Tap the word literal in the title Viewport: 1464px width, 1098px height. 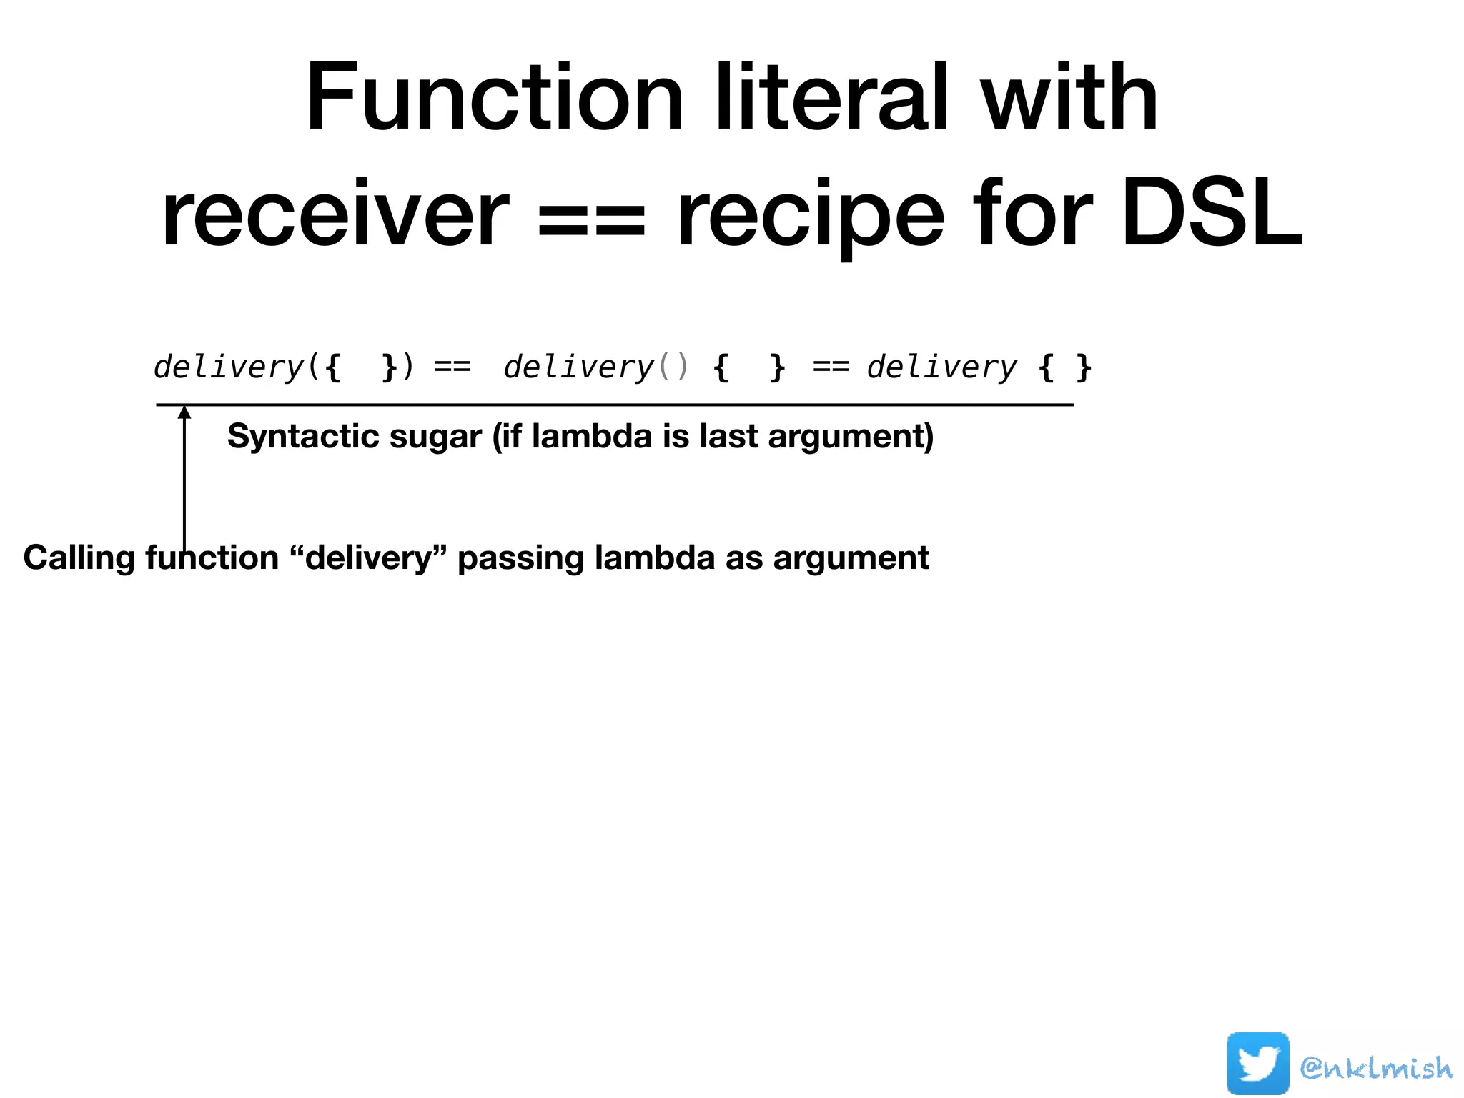tap(832, 98)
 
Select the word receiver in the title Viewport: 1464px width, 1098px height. tap(335, 214)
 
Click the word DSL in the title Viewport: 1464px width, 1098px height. tap(1212, 214)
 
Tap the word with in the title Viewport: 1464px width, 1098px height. tap(1069, 98)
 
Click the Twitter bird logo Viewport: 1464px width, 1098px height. tap(1257, 1063)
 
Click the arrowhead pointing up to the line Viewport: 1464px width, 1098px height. tap(184, 412)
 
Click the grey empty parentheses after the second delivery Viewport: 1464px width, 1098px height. tap(673, 367)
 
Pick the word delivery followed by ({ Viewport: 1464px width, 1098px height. tap(229, 367)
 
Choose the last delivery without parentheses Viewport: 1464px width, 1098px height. tap(941, 367)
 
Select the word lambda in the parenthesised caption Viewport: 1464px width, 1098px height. tap(591, 436)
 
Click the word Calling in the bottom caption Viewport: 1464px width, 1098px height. tap(79, 558)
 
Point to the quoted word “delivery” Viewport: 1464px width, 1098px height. tap(369, 558)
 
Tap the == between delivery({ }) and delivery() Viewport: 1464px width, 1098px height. tap(452, 367)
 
